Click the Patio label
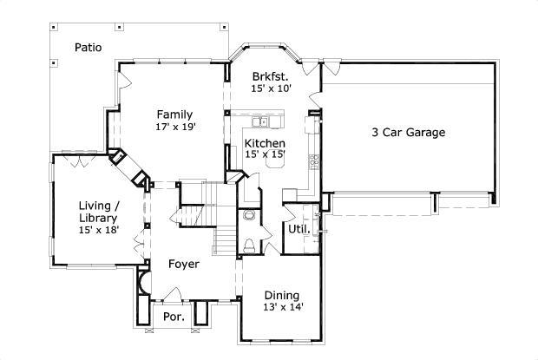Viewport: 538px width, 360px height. click(89, 48)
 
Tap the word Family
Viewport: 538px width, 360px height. click(174, 115)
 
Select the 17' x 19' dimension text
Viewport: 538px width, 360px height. click(175, 127)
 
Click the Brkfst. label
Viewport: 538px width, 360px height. click(270, 75)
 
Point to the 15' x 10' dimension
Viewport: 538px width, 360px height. click(271, 88)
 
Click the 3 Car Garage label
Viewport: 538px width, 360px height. click(409, 133)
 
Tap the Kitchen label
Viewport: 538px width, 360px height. click(265, 143)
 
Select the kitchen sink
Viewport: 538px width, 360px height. click(260, 121)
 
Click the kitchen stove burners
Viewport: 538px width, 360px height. click(314, 162)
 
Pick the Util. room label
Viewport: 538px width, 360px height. click(299, 229)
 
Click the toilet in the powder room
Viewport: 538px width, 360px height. click(249, 245)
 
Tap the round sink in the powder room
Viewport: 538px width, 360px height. click(248, 215)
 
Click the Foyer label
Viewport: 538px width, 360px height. click(184, 264)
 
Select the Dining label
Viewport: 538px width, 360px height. click(282, 296)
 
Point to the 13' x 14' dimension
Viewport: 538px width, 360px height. click(283, 307)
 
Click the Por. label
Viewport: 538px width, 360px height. click(174, 317)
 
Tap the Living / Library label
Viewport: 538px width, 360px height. click(99, 212)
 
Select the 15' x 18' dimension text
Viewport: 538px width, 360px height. click(99, 230)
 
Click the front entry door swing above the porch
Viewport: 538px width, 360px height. click(174, 292)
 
